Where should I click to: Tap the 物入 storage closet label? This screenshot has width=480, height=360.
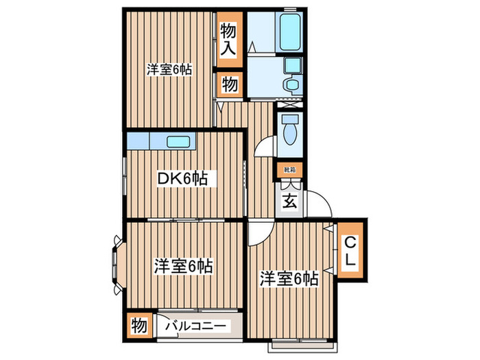click(x=229, y=39)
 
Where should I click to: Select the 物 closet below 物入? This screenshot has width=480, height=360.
click(x=229, y=85)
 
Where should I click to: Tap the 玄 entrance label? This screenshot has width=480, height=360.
click(x=289, y=202)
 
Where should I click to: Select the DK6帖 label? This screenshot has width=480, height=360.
click(x=183, y=178)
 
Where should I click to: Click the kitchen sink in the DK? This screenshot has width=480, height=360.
click(x=180, y=142)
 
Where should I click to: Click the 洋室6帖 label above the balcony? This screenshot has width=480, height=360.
click(x=183, y=266)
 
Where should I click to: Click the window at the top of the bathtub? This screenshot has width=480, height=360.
click(x=291, y=9)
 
